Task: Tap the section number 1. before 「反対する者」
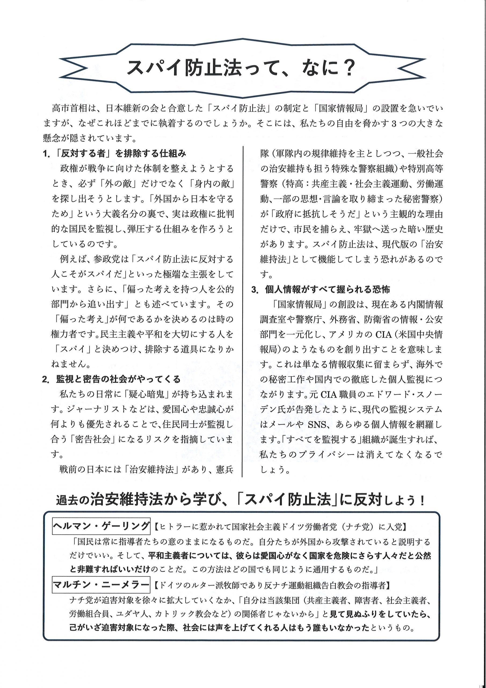click(47, 154)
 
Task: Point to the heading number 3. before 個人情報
click(255, 290)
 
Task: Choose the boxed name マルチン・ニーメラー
click(101, 585)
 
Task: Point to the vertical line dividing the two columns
click(242, 312)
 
